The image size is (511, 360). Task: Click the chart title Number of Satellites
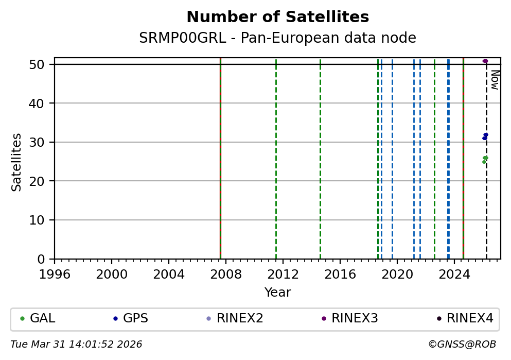277,18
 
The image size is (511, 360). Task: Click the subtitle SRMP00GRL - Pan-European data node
277,38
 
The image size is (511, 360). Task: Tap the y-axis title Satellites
17,162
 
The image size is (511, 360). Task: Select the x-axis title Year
277,293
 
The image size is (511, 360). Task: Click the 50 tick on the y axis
42,64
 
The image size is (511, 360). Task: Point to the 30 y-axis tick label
42,142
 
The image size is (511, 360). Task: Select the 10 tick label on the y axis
42,220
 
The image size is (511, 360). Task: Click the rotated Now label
495,80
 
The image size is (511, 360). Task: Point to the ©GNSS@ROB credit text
462,344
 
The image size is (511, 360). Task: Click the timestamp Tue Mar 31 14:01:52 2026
76,344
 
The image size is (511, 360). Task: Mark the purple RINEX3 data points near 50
485,61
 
